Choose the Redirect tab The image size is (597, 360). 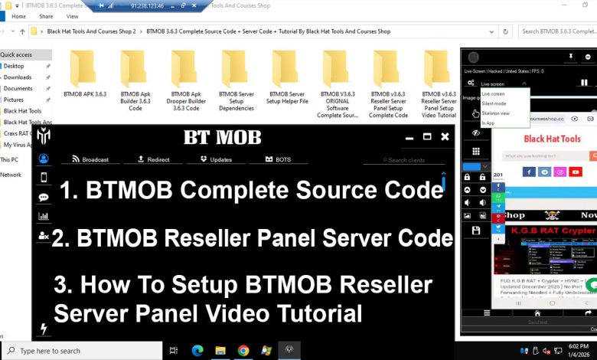coord(153,159)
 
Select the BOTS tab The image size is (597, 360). coord(278,159)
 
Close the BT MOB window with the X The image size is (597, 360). coord(445,136)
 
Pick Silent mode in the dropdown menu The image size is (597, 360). coord(494,103)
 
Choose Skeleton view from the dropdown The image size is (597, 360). coord(496,113)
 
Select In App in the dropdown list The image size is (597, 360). coord(488,123)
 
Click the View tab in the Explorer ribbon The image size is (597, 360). coord(73,16)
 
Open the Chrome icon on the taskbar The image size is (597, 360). coord(243,351)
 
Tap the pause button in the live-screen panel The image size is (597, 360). coord(584,83)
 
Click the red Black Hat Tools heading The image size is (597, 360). coord(552,139)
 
